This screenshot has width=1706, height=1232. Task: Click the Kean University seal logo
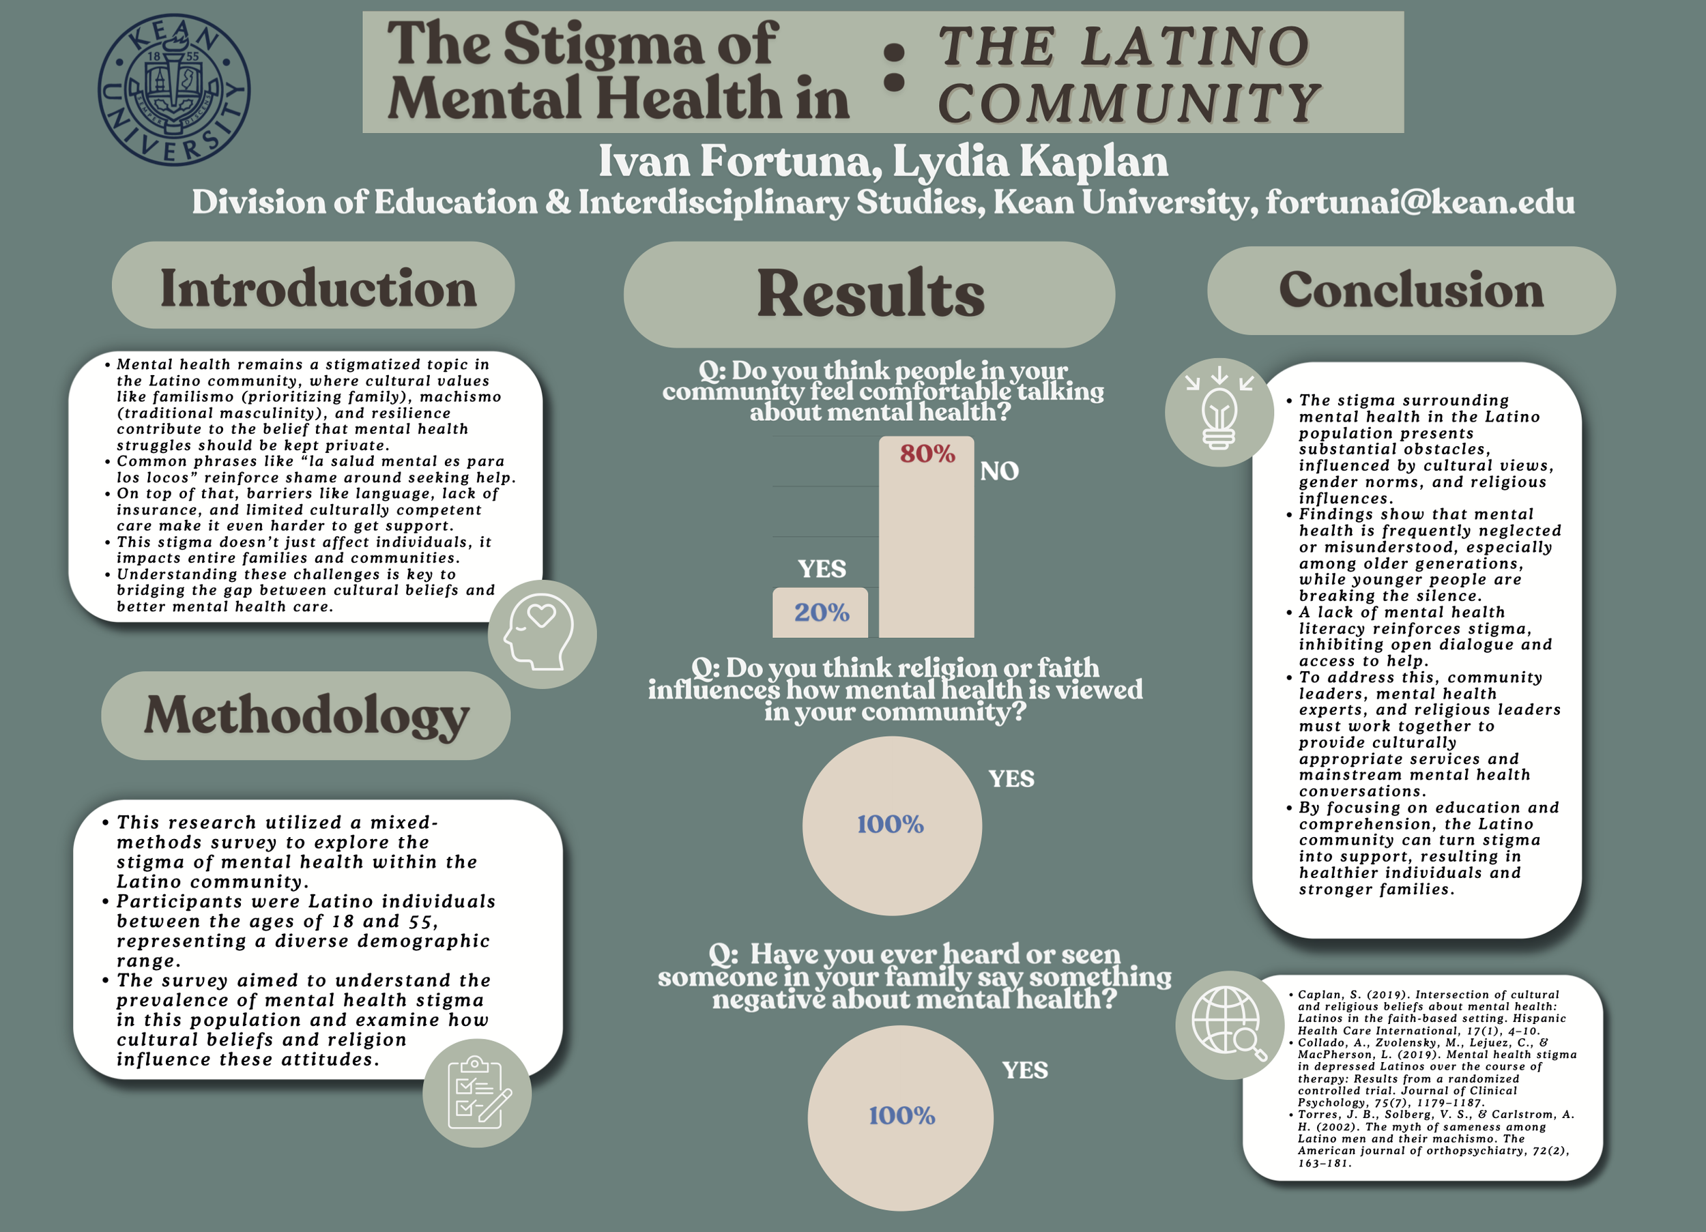coord(174,89)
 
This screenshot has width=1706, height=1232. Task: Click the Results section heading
coord(869,293)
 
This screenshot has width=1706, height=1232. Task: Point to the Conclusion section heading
coord(1411,291)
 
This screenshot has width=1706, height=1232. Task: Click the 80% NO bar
coord(926,549)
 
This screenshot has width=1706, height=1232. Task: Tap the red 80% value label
coord(927,454)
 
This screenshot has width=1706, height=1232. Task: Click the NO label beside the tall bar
coord(999,471)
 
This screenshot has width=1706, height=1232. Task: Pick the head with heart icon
coord(542,634)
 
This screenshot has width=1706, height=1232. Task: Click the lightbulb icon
coord(1219,412)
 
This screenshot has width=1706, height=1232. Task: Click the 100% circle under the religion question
coord(891,825)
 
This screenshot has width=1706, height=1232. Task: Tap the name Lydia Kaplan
coord(1030,161)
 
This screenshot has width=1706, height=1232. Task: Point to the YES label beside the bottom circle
coord(1024,1070)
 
